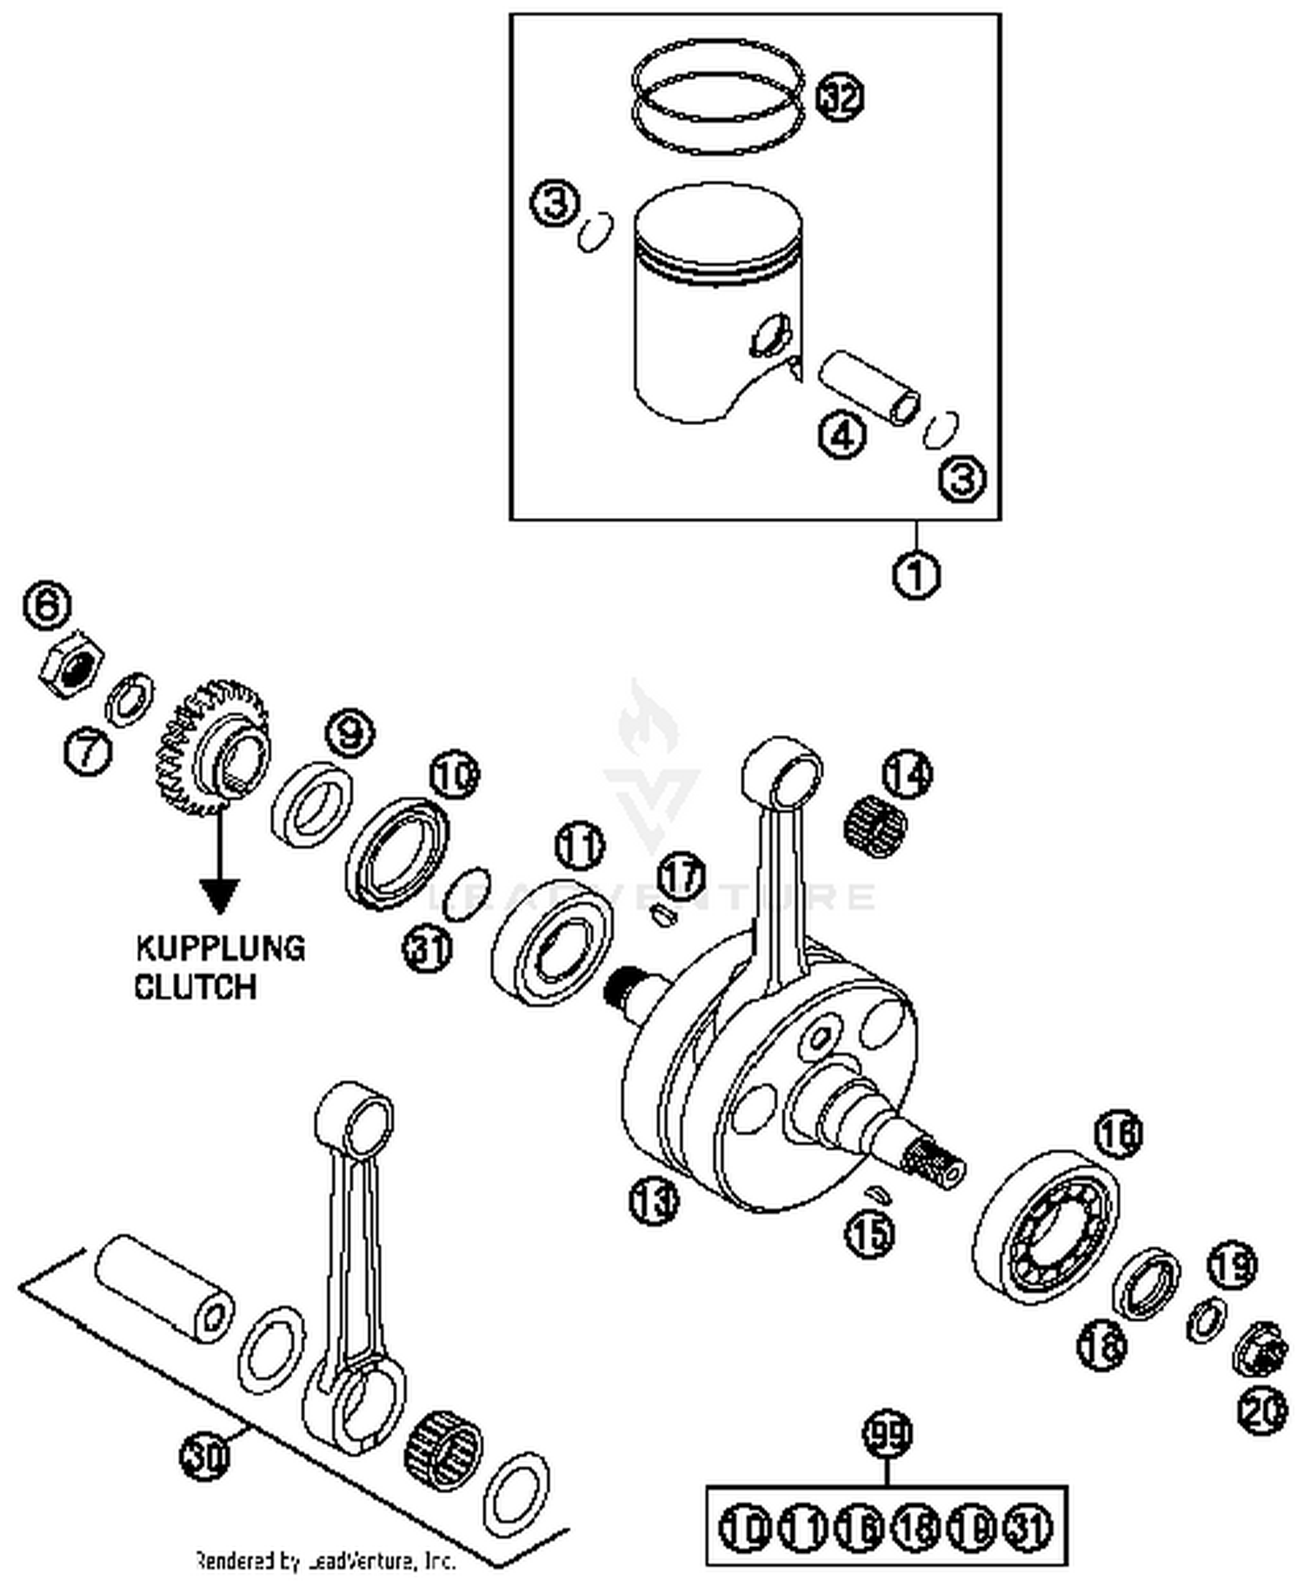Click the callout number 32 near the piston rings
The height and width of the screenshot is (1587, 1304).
(840, 96)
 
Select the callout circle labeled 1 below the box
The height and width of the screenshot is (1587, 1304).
(916, 575)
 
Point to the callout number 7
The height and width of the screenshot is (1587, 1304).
(88, 750)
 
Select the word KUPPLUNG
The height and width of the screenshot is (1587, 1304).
(220, 948)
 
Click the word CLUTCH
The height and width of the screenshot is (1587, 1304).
(195, 987)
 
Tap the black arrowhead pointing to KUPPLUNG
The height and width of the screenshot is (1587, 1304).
(219, 895)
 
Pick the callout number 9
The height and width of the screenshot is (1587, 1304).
(349, 734)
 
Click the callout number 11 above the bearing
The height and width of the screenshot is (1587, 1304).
(580, 846)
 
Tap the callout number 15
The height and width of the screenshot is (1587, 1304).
(870, 1232)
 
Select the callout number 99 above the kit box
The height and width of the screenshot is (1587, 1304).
(887, 1433)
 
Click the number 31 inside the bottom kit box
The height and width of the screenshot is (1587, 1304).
(1028, 1527)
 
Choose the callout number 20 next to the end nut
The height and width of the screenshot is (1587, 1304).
(1261, 1411)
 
